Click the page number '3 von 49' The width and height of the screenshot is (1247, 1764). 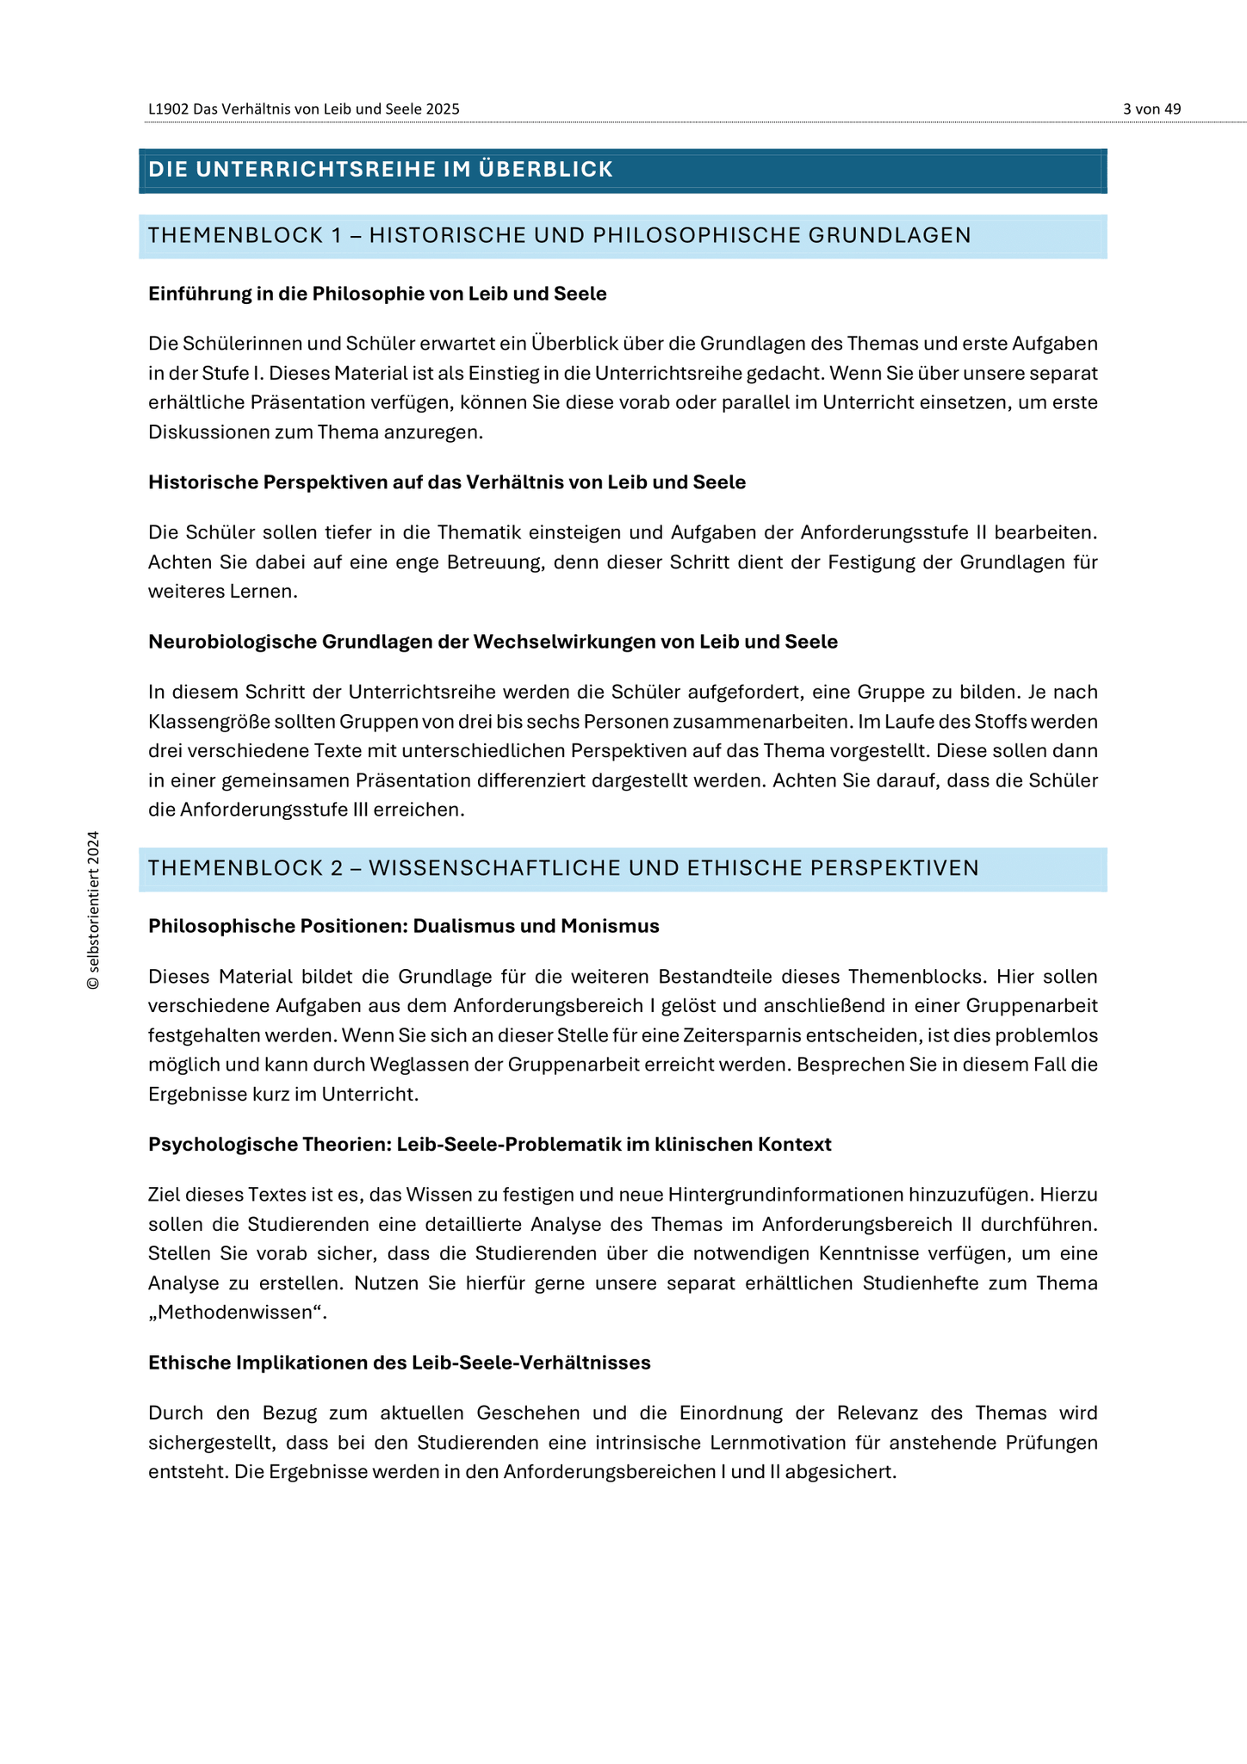1151,109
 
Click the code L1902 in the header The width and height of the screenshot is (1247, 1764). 168,109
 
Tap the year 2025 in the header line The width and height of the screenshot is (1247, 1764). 443,109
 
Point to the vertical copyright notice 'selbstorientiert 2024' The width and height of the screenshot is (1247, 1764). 94,910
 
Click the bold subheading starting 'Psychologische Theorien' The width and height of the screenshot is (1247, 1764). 489,1145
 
